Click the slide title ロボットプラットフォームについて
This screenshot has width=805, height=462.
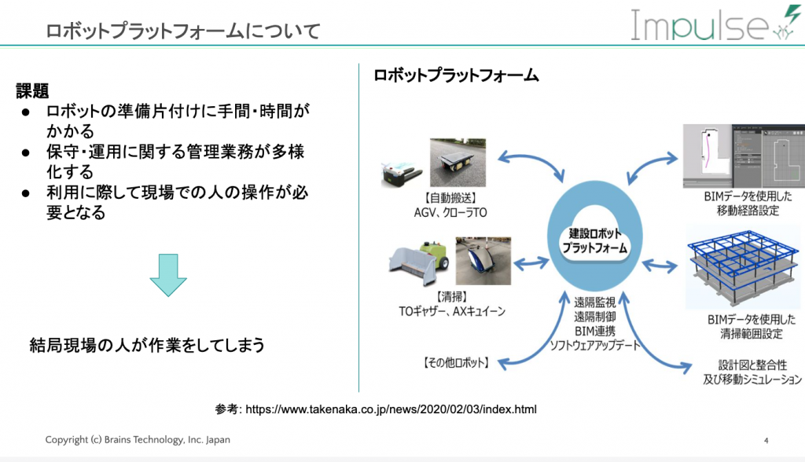click(182, 31)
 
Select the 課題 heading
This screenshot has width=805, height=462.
click(34, 92)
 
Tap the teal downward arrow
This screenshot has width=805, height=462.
click(168, 275)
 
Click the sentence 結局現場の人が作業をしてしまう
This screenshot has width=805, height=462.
click(146, 345)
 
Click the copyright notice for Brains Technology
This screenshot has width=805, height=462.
click(138, 440)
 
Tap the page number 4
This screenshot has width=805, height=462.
click(766, 440)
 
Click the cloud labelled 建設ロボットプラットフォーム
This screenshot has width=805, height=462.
click(594, 241)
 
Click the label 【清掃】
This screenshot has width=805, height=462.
click(444, 296)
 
